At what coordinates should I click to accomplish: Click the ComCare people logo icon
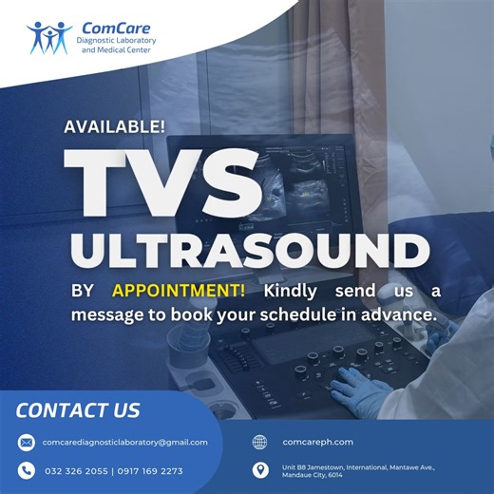[47, 37]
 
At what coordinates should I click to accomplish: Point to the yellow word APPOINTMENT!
[172, 290]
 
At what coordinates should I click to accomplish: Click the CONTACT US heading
[79, 410]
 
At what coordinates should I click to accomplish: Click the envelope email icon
[27, 443]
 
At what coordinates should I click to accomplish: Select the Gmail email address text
[125, 443]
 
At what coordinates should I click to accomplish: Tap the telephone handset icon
[27, 470]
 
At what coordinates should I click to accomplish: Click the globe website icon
[260, 442]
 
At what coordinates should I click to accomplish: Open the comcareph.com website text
[318, 442]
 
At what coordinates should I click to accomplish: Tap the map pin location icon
[260, 470]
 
